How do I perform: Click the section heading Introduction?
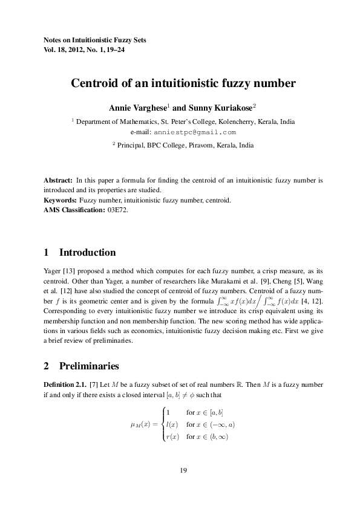[x=87, y=252]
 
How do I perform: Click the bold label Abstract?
[x=59, y=180]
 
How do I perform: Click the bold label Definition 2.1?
[x=65, y=384]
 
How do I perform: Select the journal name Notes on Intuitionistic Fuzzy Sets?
[x=95, y=40]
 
